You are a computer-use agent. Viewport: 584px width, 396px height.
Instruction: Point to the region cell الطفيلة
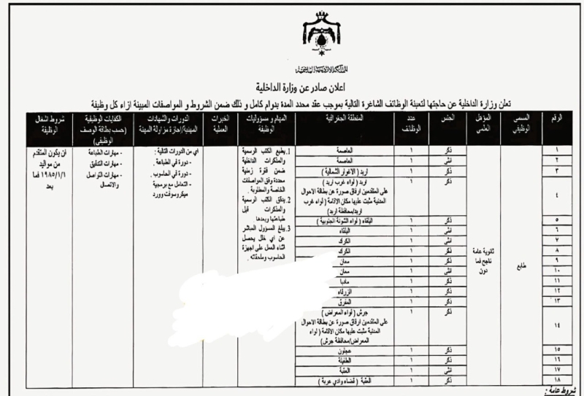(x=358, y=360)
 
